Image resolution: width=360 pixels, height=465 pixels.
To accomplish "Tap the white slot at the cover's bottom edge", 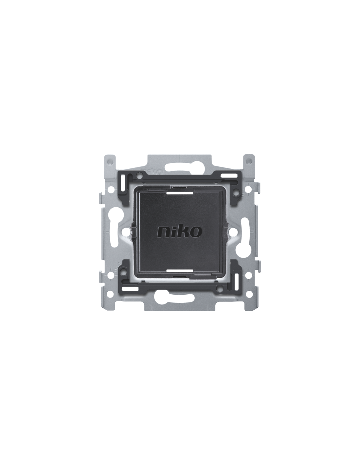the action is point(179,271).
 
